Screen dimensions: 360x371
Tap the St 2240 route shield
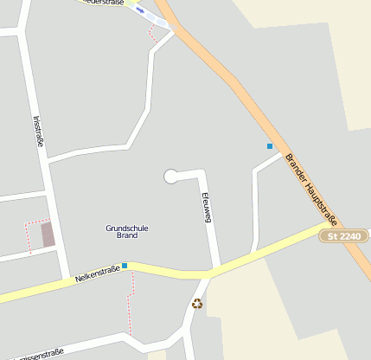tap(343, 235)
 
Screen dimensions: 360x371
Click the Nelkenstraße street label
tap(97, 274)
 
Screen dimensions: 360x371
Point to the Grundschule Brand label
tap(127, 231)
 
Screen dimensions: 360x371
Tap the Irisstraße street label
tap(39, 132)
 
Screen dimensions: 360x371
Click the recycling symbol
tap(197, 303)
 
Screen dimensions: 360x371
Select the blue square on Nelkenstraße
tap(125, 266)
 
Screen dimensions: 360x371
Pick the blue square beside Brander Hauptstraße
tap(270, 146)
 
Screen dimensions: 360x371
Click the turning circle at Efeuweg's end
tap(171, 177)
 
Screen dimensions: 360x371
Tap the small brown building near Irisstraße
tap(48, 234)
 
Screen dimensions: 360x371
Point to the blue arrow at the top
tap(140, 10)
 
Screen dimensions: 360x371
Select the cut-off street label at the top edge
tap(104, 3)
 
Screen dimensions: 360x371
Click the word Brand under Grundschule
tap(127, 235)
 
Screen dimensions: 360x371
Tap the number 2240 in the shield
tap(349, 235)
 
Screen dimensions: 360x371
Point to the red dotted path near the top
tap(153, 34)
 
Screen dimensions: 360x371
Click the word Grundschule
tap(127, 228)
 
